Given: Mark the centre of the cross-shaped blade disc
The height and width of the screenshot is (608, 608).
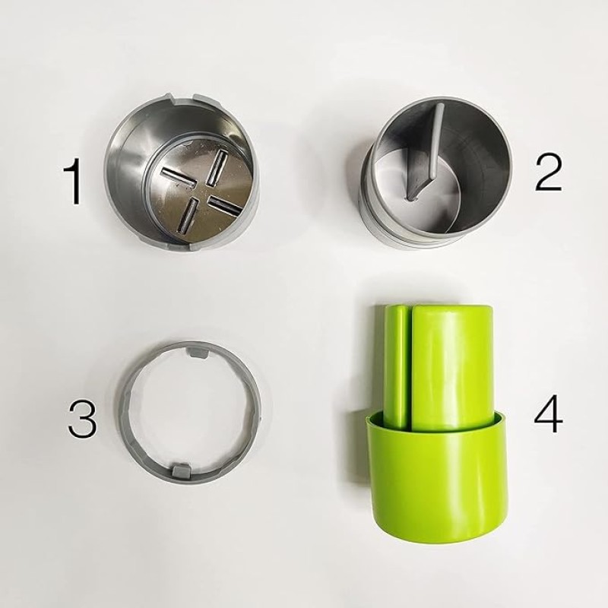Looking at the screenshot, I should click(201, 191).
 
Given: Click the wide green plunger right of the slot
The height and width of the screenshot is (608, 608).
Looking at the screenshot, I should click(452, 357).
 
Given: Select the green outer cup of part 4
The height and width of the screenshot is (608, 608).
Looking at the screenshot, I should click(437, 486).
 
